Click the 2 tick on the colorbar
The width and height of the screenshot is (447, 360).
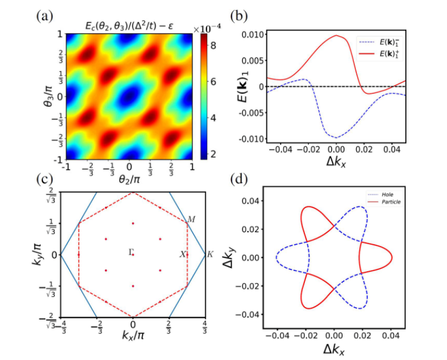(x=214, y=154)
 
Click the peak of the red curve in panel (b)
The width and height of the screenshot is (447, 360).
(x=337, y=35)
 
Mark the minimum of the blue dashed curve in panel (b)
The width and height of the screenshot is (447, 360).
(x=337, y=138)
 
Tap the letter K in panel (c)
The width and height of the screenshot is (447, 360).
(x=209, y=255)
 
